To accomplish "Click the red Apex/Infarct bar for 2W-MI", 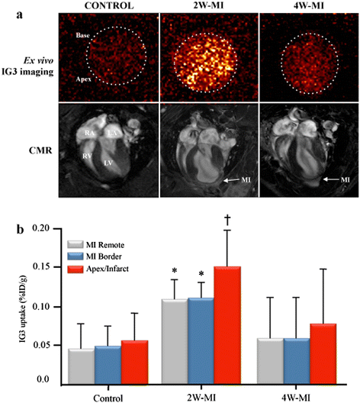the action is click(x=227, y=326).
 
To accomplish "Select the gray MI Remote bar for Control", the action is click(x=81, y=367).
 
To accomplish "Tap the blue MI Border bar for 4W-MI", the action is click(x=297, y=362).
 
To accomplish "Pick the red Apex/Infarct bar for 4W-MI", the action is click(x=323, y=354).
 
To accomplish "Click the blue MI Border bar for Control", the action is click(x=108, y=366).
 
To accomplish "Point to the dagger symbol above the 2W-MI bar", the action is click(x=227, y=220).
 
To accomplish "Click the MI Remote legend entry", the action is click(x=96, y=245).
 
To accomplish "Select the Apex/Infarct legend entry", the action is click(x=98, y=269).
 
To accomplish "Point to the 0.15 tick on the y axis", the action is click(x=59, y=267).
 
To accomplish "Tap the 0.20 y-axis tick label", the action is click(x=42, y=228).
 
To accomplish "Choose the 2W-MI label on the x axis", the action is click(x=201, y=398).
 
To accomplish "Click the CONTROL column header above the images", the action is click(x=109, y=5).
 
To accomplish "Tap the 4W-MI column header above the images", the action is click(x=309, y=5).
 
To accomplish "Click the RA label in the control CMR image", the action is click(x=89, y=133).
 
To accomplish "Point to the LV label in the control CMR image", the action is click(x=108, y=163).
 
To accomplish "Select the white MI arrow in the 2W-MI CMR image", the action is click(x=232, y=180).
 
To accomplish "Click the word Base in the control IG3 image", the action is click(x=82, y=35).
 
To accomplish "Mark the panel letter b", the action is click(x=20, y=229).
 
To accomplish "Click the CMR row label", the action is click(x=40, y=150).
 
